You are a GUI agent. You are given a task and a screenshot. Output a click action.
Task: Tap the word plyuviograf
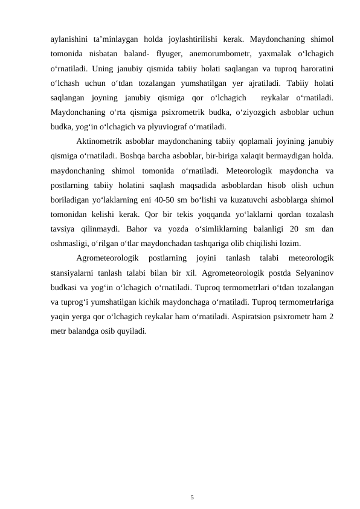[162, 126]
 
